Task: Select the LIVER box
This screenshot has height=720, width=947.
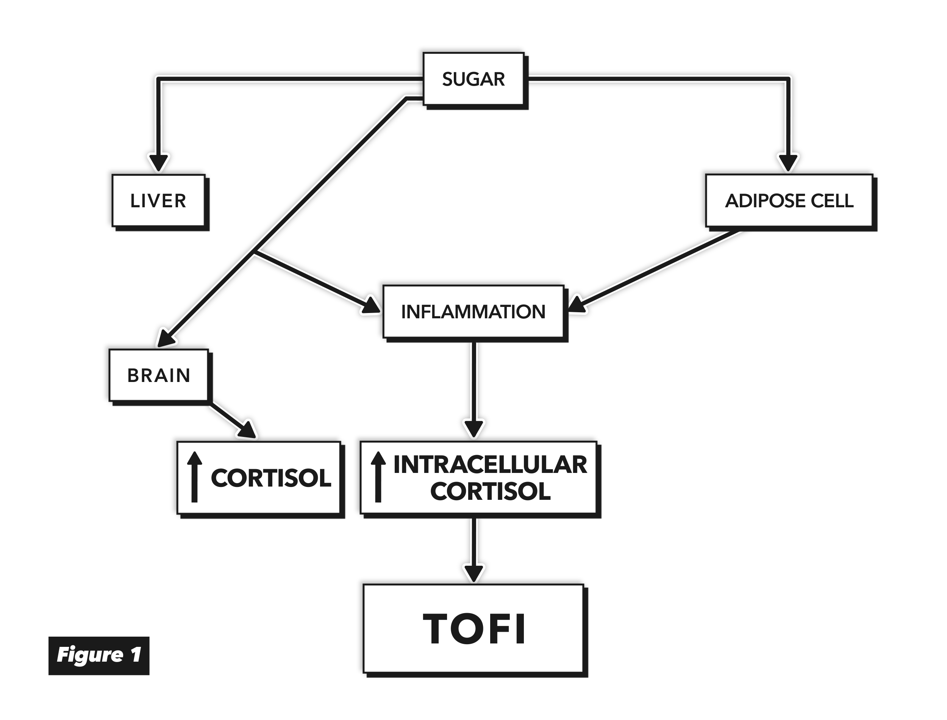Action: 159,200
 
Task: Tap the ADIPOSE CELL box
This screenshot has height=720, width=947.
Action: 789,200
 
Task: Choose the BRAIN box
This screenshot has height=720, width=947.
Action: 159,376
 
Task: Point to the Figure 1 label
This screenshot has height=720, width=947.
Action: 99,656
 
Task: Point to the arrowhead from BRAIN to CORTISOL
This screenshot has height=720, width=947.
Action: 248,430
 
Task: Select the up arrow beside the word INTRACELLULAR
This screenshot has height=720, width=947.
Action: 378,477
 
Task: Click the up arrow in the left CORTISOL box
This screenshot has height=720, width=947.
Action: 194,477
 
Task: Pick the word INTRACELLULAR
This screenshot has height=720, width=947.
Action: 491,465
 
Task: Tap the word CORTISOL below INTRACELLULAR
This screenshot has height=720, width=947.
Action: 491,491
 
